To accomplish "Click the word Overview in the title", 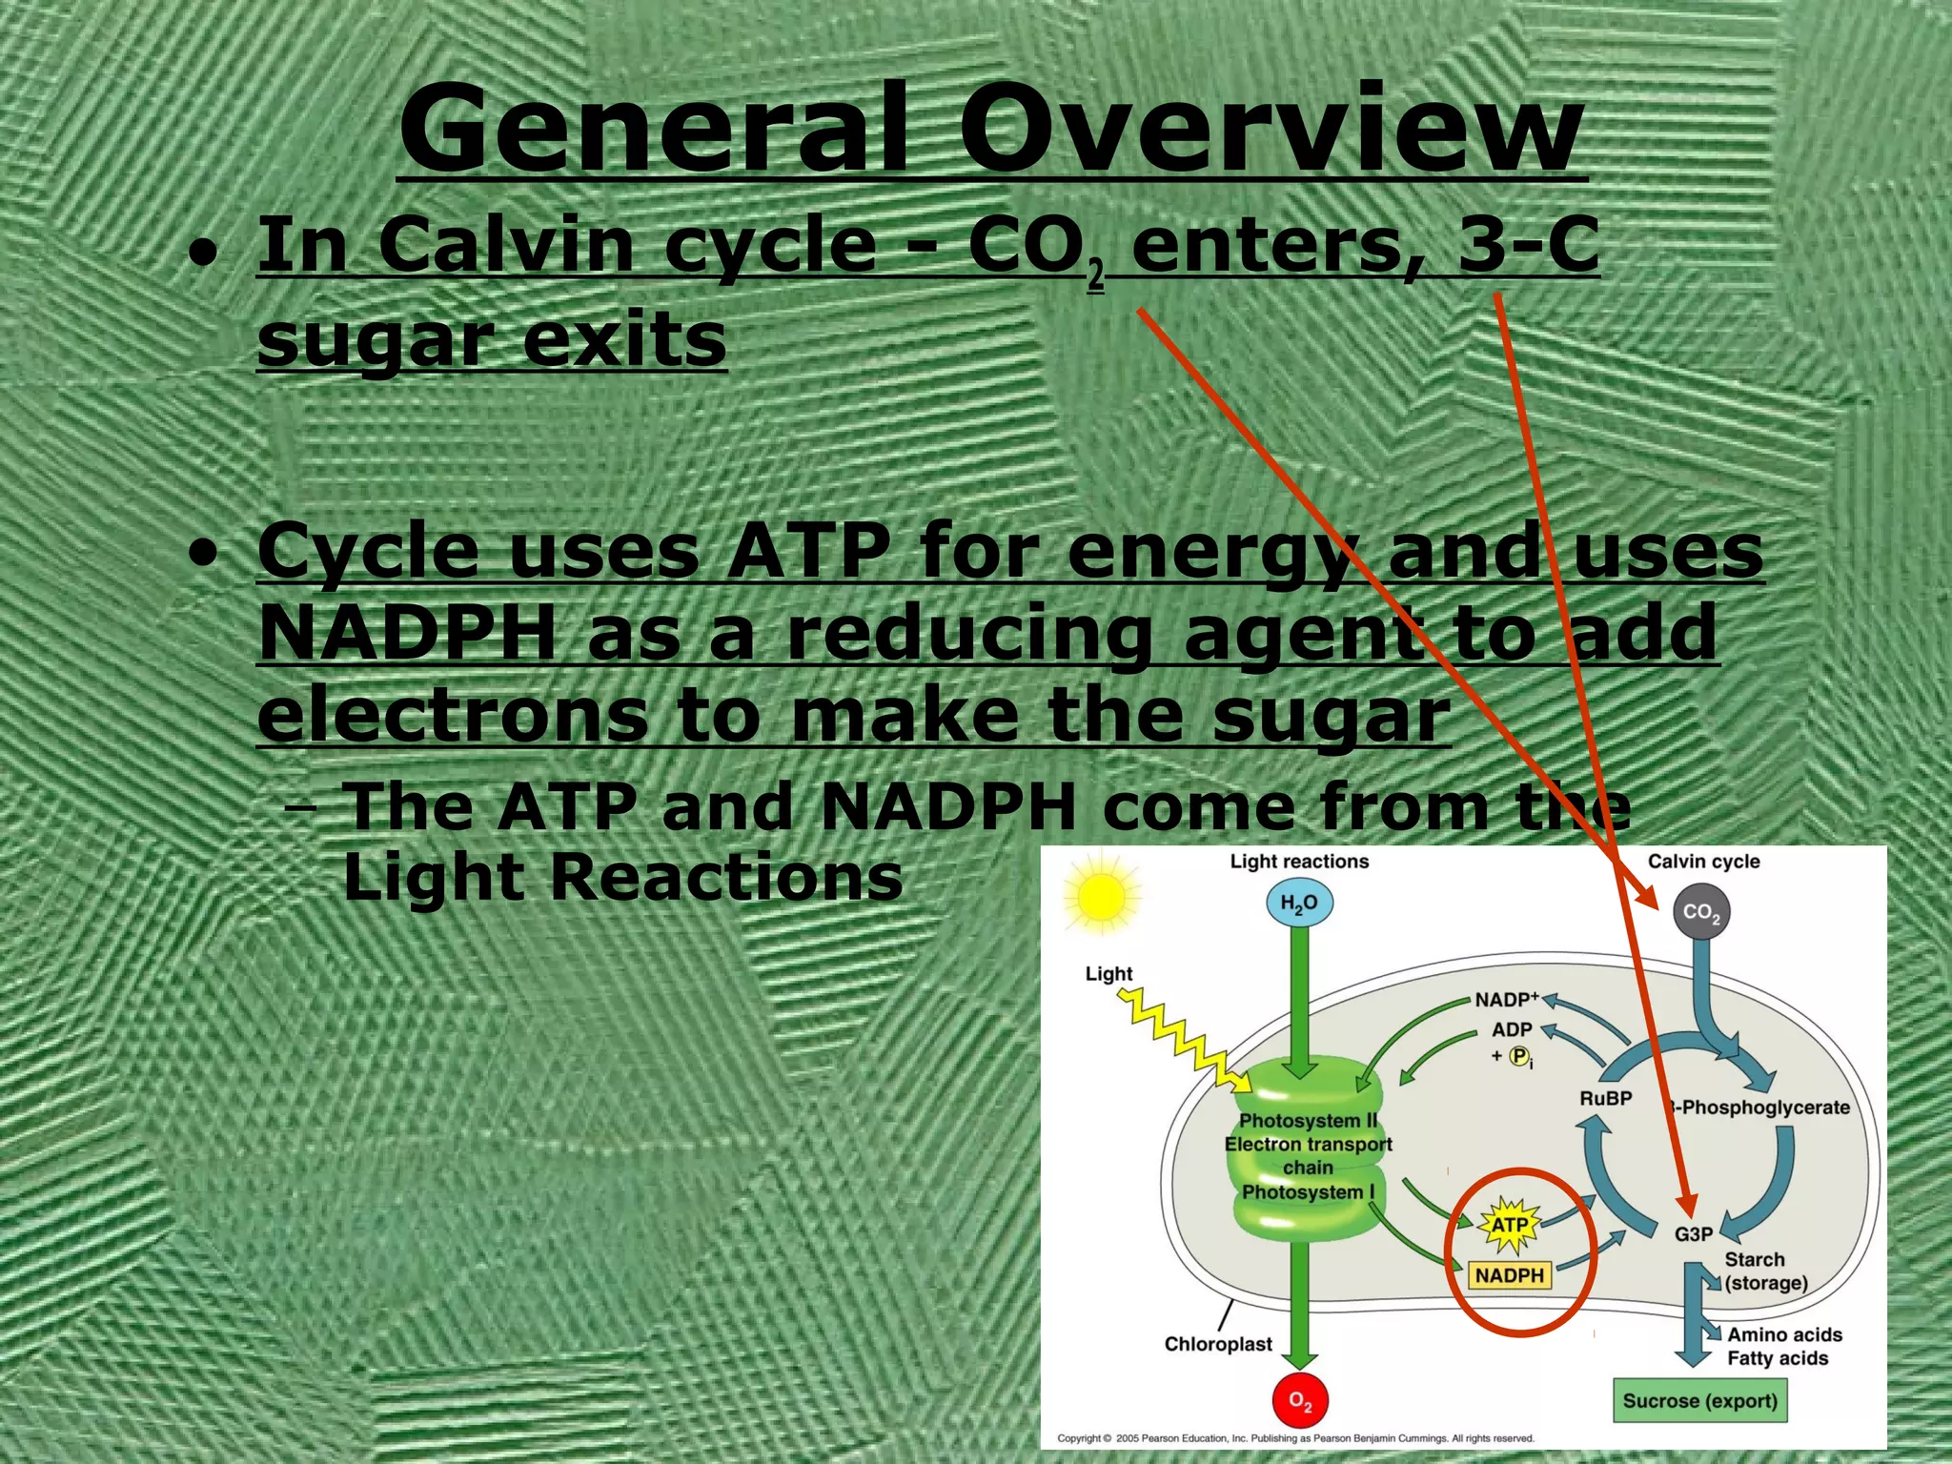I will [1271, 129].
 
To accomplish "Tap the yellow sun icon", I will [1101, 897].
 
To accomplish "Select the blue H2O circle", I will [1299, 904].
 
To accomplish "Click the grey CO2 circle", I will [1701, 912].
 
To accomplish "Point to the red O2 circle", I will [1300, 1400].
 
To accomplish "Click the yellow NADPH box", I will [1510, 1275].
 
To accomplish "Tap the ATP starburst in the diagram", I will [1509, 1226].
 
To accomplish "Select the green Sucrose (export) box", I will [1699, 1401].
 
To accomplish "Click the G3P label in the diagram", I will [1694, 1234].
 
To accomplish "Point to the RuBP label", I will [1606, 1098].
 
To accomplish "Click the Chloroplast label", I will [1218, 1344].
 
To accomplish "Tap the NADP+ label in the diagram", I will [1507, 1000].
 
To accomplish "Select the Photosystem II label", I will [1308, 1121].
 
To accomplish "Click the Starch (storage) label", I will [1765, 1271].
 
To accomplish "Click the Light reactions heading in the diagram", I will [1299, 862].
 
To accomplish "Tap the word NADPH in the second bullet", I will [407, 633].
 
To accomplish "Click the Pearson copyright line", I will [1295, 1438].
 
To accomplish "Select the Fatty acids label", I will [1778, 1358].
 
